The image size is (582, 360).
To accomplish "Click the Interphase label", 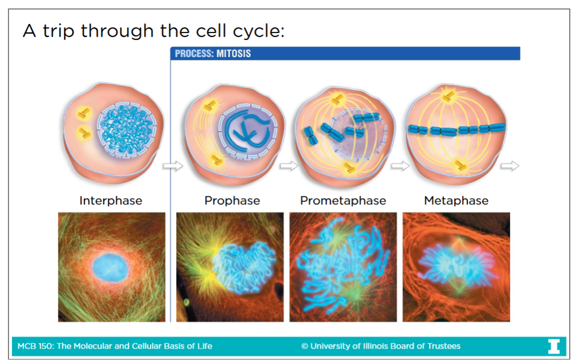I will (x=111, y=201).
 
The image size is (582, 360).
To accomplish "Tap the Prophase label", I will (x=232, y=201).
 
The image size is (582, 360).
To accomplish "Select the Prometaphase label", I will (x=343, y=201).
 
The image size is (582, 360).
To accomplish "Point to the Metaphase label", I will (x=456, y=201).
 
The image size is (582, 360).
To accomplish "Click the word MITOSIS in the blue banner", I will (x=234, y=54).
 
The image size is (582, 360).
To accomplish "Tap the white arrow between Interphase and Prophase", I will (x=173, y=166).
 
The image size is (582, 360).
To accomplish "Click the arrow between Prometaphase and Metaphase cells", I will (x=401, y=166).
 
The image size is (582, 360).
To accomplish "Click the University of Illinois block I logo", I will (x=553, y=346).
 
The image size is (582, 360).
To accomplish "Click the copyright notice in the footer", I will (x=381, y=346).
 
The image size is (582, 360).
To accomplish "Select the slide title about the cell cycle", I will (x=153, y=30).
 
